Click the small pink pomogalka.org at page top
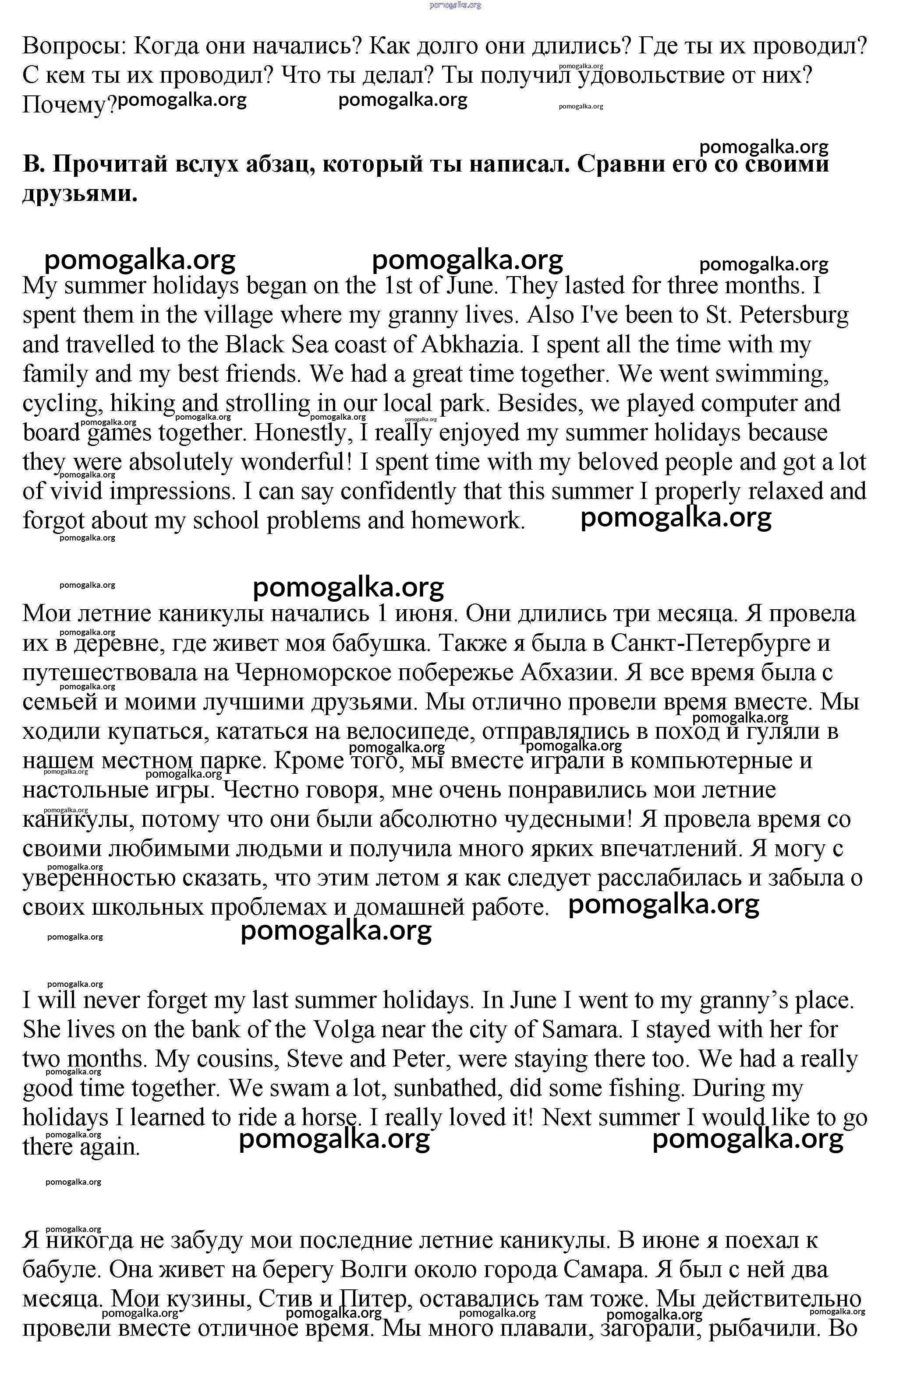click(x=455, y=5)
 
